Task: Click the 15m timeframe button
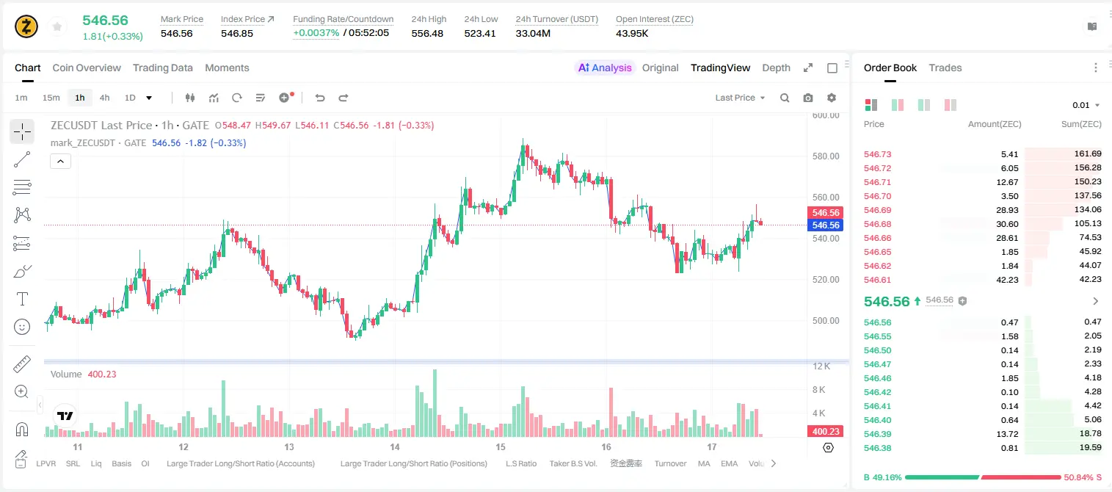coord(51,98)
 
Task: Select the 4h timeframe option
coord(104,98)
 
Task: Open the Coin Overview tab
coord(87,68)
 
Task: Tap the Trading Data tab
coord(163,68)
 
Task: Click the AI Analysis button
coord(605,68)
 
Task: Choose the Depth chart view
coord(776,68)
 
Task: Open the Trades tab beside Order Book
coord(945,68)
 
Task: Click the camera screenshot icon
coord(808,98)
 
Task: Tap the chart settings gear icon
coord(832,98)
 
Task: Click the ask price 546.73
coord(877,154)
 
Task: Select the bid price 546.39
coord(877,434)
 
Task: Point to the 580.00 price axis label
coord(826,156)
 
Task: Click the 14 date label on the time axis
coord(395,446)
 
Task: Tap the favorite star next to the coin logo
coord(57,26)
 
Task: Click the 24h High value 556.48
coord(427,33)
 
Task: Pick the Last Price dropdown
coord(740,98)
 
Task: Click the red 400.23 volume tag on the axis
coord(826,432)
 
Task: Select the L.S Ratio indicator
coord(521,463)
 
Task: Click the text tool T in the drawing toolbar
coord(22,299)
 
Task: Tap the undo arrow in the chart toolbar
coord(320,98)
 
